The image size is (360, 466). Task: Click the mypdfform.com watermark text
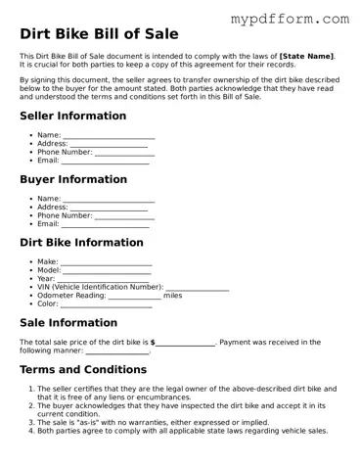tap(289, 19)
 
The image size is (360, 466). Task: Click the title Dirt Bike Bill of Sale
tap(99, 34)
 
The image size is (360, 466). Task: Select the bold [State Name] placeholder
tap(306, 56)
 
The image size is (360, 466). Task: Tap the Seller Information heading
tap(72, 116)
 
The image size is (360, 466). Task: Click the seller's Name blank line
tap(109, 137)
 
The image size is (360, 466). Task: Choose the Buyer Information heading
tap(73, 179)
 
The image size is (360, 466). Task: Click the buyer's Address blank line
tap(109, 209)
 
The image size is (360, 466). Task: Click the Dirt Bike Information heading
tap(81, 243)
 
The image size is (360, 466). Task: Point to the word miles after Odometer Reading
tap(172, 295)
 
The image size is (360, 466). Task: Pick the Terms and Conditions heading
tap(83, 370)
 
